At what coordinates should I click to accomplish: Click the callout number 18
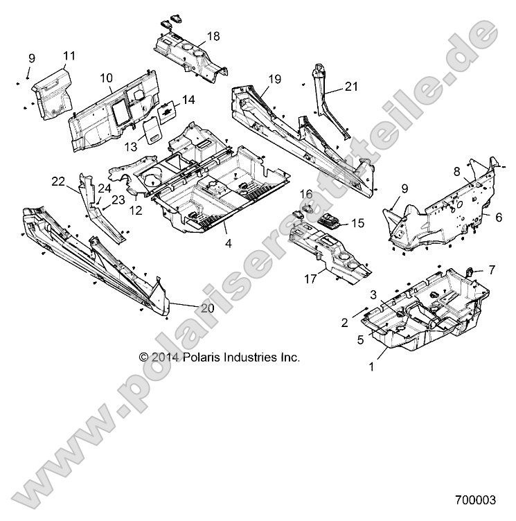tap(213, 35)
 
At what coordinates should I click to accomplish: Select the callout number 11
tap(69, 55)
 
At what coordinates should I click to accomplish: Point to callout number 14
tap(189, 99)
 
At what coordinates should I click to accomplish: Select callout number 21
tap(352, 87)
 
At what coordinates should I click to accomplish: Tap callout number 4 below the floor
tap(228, 243)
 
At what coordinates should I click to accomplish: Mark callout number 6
tap(497, 217)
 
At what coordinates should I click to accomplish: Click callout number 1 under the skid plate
tap(371, 367)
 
